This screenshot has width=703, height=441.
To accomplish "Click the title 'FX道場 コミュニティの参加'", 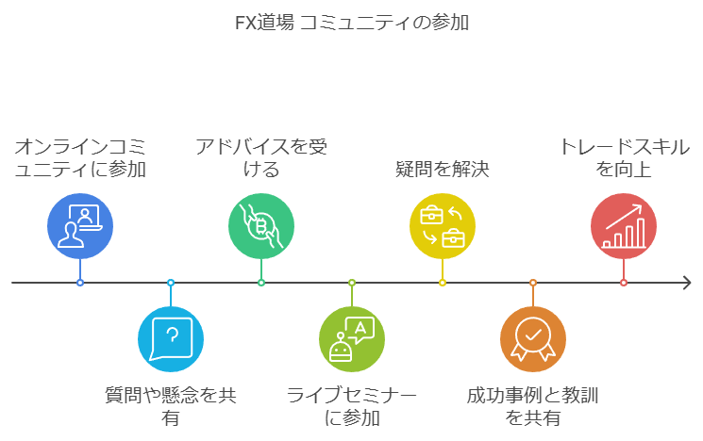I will point(351,22).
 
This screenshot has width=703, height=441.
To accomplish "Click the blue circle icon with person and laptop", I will point(80,226).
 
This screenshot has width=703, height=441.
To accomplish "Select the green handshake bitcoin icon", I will point(261,226).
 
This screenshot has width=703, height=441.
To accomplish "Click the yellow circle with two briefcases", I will point(443,226).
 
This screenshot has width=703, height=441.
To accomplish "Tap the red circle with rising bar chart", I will point(624,226).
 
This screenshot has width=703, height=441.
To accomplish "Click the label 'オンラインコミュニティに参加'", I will point(80,158).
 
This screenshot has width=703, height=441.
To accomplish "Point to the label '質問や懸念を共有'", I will point(171,405).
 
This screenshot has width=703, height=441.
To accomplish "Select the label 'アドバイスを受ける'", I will point(261,158).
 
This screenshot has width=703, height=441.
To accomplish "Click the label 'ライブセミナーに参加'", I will point(352,405).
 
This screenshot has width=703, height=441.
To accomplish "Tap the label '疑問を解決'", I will point(443,170).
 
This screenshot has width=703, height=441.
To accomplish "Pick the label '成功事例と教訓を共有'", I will point(533,405).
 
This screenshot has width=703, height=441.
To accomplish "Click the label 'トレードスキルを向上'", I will point(624,158).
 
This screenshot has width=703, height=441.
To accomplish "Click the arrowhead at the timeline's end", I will point(686,283).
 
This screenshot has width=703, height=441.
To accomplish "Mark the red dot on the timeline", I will point(624,283).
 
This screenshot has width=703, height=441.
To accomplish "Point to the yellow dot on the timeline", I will point(443,283).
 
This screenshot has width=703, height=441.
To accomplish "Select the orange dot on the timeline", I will point(533,283).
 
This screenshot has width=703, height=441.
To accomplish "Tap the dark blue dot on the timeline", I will point(80,283).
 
